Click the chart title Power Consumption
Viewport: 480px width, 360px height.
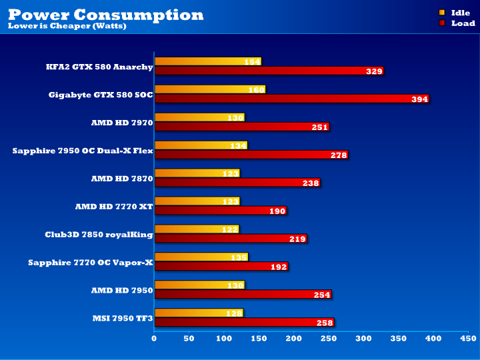coord(105,14)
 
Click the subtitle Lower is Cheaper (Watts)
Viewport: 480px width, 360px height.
coord(67,27)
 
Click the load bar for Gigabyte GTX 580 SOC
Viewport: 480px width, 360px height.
coord(291,99)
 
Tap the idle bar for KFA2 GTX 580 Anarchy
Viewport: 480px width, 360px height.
coord(207,62)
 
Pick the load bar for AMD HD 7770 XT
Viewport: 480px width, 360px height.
coord(220,211)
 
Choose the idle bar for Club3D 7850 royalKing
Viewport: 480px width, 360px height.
coord(196,230)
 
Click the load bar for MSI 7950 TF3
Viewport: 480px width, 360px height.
coord(243,323)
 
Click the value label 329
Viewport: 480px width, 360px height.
coord(374,71)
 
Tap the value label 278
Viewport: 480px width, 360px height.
coord(339,155)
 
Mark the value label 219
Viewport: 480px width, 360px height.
coord(297,239)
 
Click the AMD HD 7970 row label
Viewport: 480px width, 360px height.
coord(122,123)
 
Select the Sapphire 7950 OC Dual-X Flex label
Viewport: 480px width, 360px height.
coord(83,151)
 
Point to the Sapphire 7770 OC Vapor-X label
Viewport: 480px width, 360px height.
coord(91,263)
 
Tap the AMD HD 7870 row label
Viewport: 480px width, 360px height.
coord(122,179)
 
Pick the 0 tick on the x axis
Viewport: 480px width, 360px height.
coord(155,339)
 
